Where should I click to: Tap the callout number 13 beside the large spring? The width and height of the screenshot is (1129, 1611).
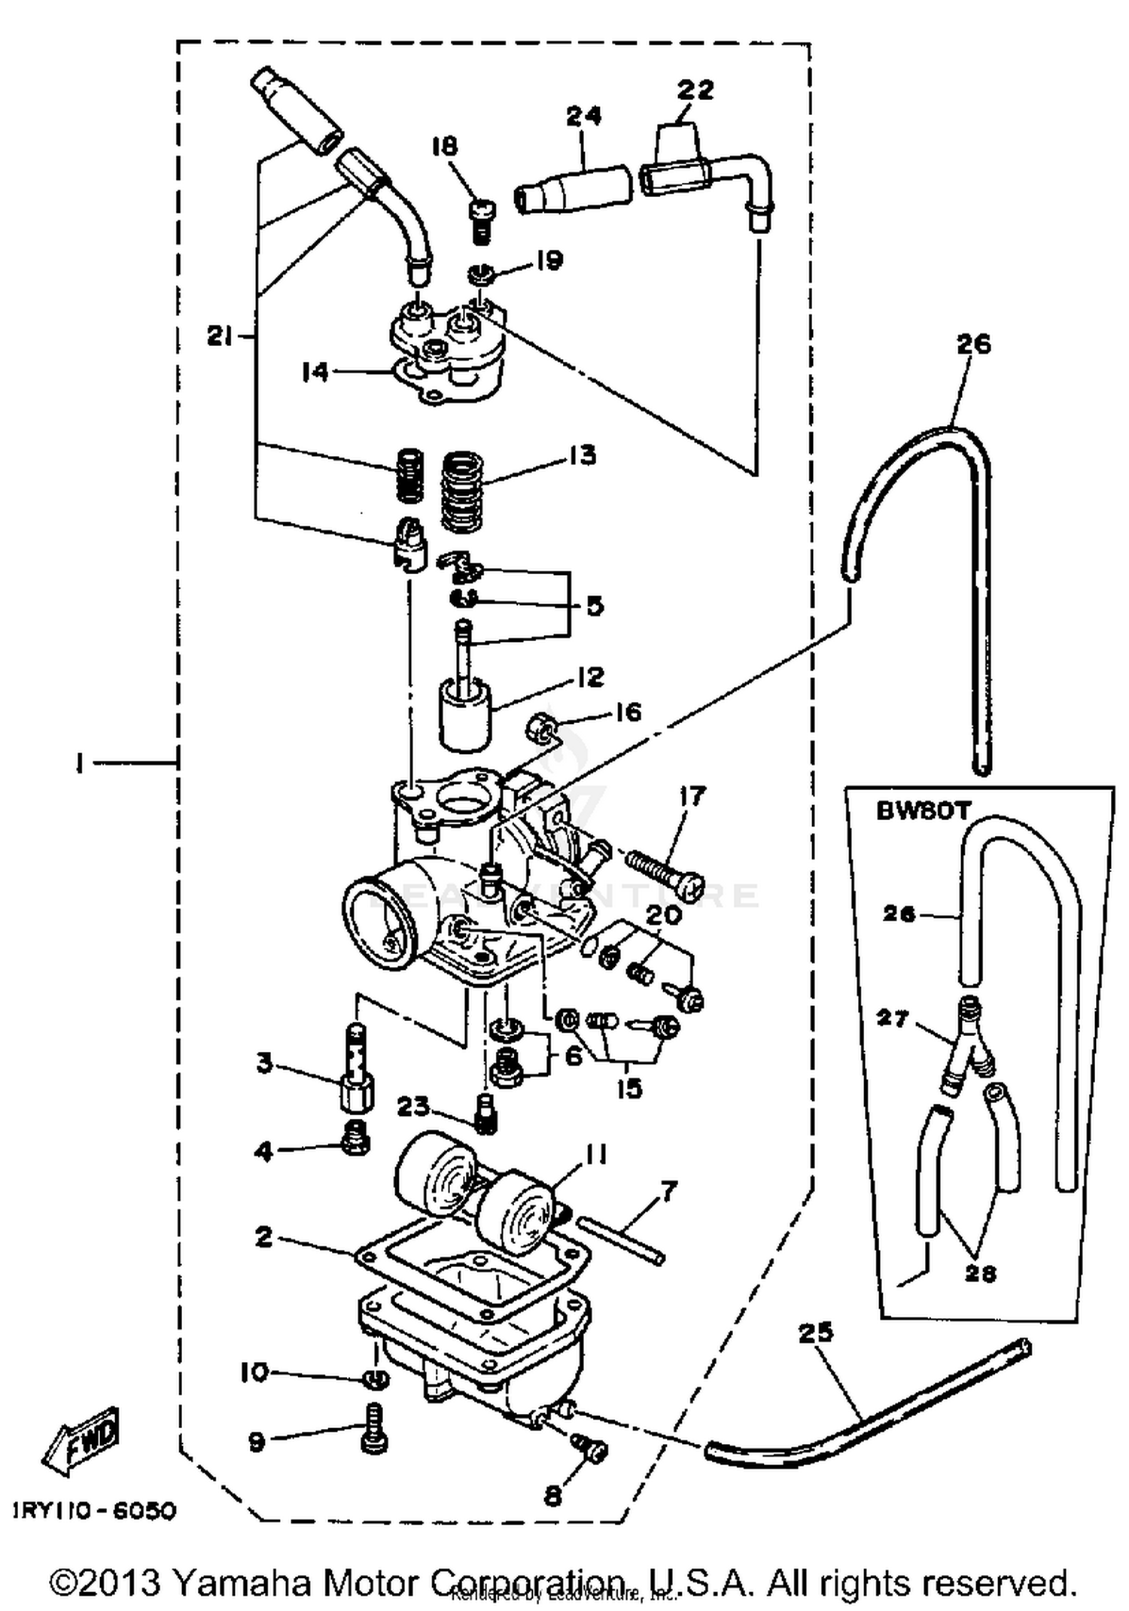[x=583, y=455]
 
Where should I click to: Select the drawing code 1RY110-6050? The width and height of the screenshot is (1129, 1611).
[x=94, y=1511]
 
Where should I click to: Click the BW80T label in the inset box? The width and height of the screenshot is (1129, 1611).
[x=924, y=811]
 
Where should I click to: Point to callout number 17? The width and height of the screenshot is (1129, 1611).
[x=692, y=795]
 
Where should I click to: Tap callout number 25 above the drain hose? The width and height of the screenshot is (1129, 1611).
[x=816, y=1332]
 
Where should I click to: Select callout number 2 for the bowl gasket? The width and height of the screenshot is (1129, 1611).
[x=263, y=1236]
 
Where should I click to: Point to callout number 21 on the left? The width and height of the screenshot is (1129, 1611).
[x=219, y=338]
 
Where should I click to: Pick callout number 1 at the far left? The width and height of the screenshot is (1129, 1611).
[x=78, y=764]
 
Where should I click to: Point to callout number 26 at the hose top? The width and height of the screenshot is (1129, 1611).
[x=973, y=344]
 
